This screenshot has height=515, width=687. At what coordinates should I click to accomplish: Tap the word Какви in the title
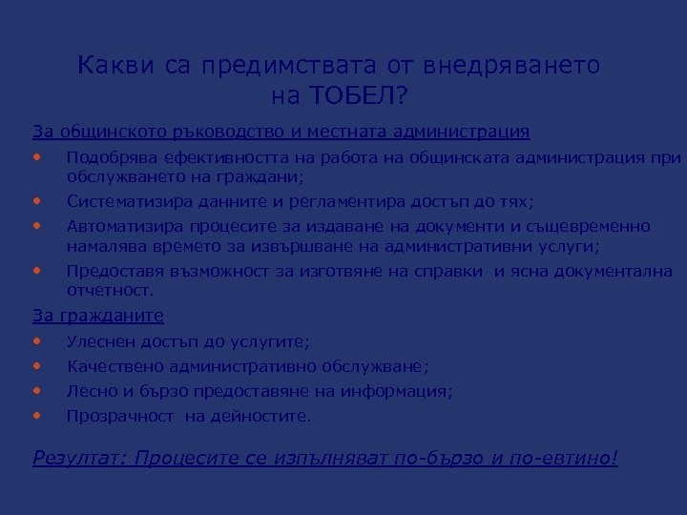coord(111,66)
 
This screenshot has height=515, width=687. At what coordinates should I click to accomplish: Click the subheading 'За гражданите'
coord(98,316)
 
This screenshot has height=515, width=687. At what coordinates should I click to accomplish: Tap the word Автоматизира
coord(118,226)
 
